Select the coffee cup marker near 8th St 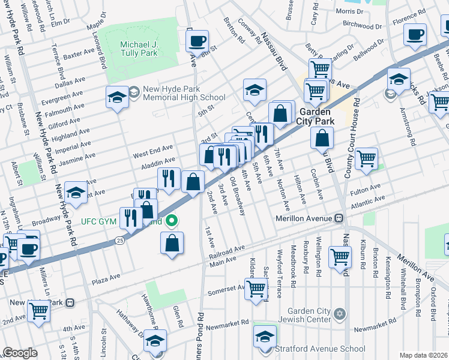point(196,41)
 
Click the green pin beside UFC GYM point(172,222)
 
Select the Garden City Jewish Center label point(309,315)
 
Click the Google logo point(20,353)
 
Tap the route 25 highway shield point(120,241)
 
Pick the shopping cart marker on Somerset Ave point(257,288)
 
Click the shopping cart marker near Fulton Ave point(366,159)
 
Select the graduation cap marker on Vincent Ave point(76,192)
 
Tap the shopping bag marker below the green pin point(172,243)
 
